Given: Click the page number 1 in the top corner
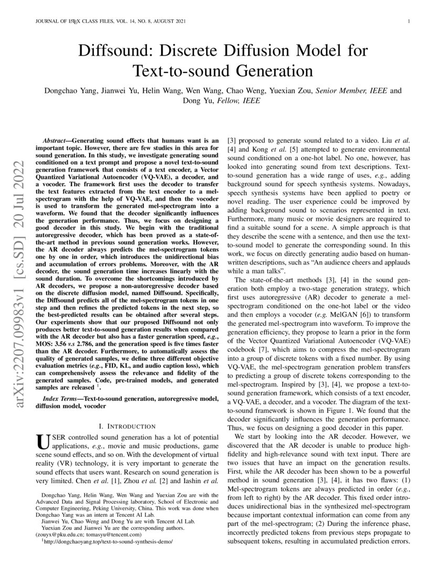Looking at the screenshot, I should pyautogui.click(x=408, y=22).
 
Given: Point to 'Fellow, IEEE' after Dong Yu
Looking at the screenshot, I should pyautogui.click(x=235, y=101).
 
